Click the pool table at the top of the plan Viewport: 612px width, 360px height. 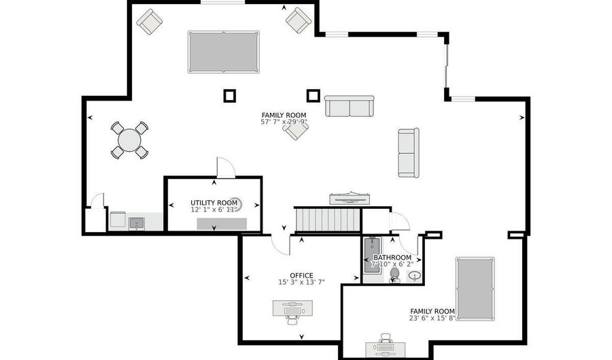(223, 52)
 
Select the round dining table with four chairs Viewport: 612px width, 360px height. (129, 140)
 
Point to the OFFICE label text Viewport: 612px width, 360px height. (301, 276)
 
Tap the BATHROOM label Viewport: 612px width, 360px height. (392, 257)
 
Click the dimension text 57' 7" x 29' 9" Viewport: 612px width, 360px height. (284, 122)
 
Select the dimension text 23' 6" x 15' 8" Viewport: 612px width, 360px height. (432, 318)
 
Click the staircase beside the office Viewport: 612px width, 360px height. (328, 220)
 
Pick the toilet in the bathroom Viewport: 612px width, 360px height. (394, 275)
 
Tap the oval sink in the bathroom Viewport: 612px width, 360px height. (414, 276)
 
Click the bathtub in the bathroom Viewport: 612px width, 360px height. (372, 255)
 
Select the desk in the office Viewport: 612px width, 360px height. (292, 308)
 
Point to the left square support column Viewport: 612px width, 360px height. (230, 95)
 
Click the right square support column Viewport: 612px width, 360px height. (313, 95)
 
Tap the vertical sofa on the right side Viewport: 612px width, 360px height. (408, 152)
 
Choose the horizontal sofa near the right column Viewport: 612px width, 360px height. (349, 106)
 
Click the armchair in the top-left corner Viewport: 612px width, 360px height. (149, 21)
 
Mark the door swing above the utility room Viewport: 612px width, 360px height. (224, 168)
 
